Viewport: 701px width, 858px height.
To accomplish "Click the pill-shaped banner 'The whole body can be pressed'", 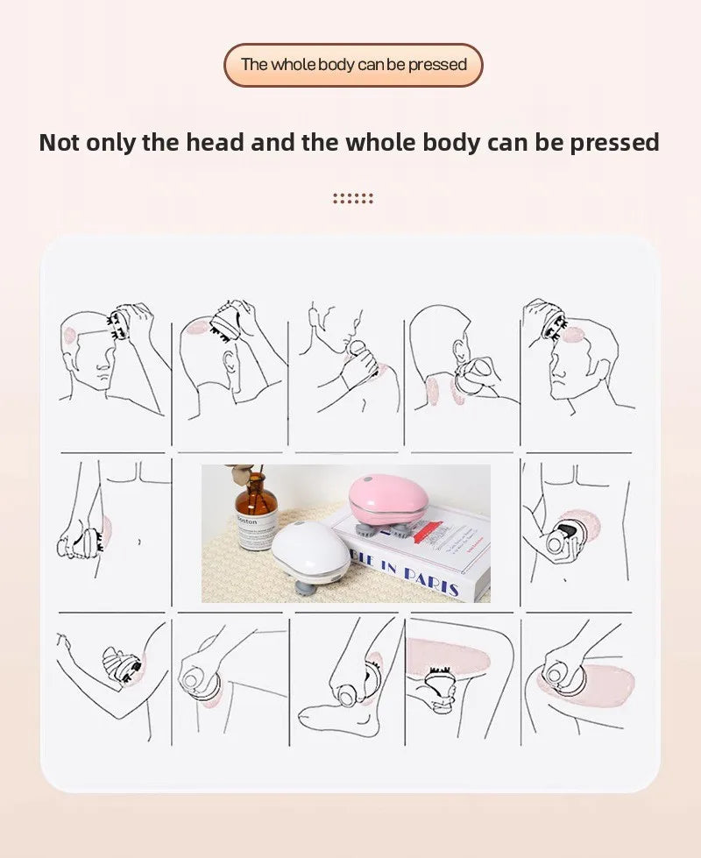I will [353, 65].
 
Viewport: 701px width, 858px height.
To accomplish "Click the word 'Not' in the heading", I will [61, 142].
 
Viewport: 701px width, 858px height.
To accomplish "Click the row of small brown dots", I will [353, 199].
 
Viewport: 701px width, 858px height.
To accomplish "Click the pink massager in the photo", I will [388, 499].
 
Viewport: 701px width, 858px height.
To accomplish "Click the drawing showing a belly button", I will [114, 530].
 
